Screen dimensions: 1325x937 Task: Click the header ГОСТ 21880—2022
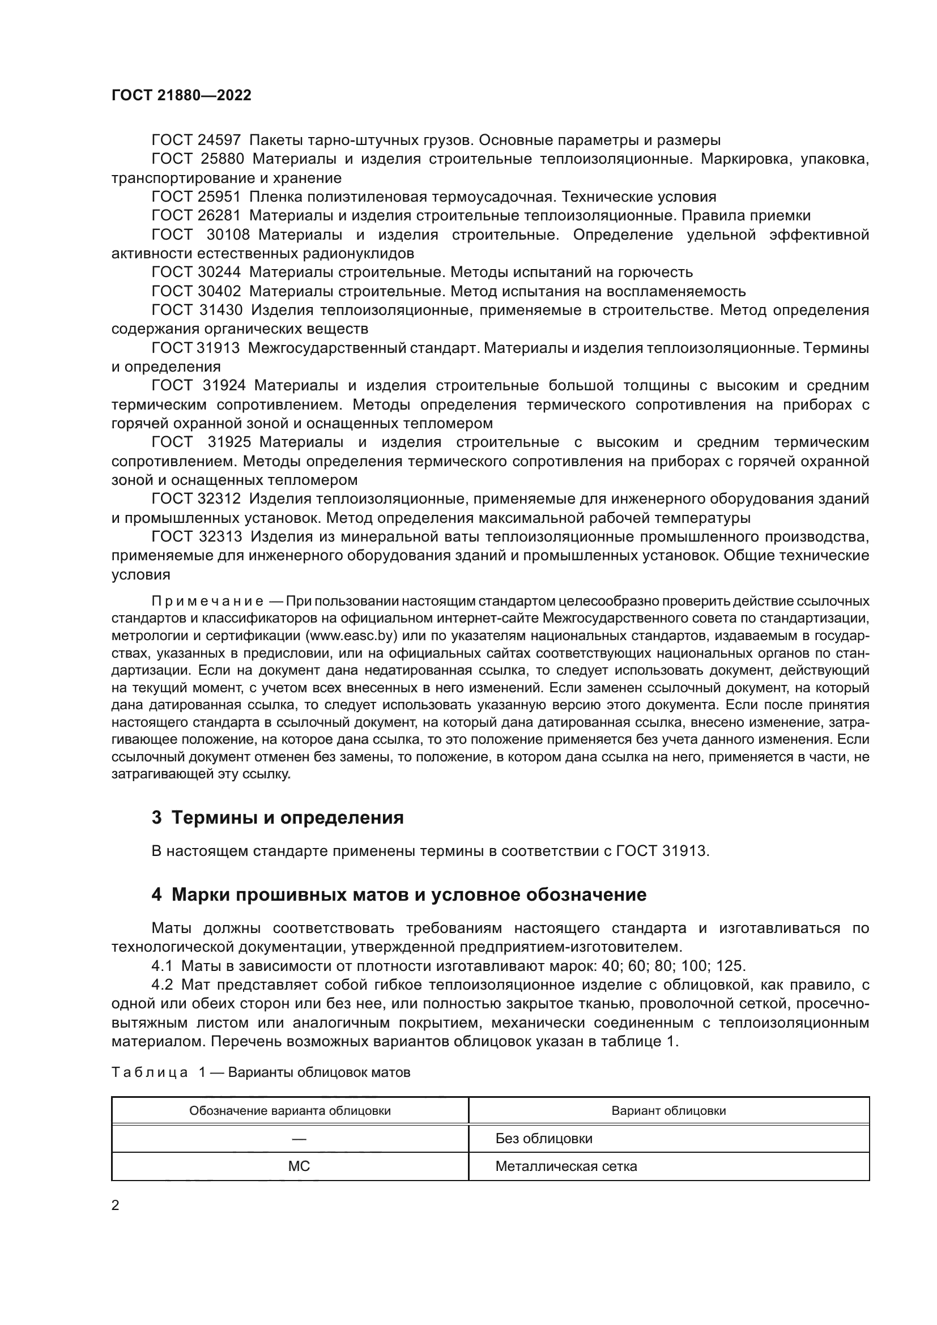pyautogui.click(x=181, y=95)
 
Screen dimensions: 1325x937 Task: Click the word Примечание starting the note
pyautogui.click(x=207, y=602)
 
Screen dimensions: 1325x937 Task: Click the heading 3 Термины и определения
pyautogui.click(x=278, y=818)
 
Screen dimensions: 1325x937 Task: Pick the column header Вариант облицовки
pyautogui.click(x=668, y=1111)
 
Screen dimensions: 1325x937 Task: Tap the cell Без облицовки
pyautogui.click(x=543, y=1139)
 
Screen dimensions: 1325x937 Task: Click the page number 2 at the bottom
pyautogui.click(x=116, y=1205)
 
